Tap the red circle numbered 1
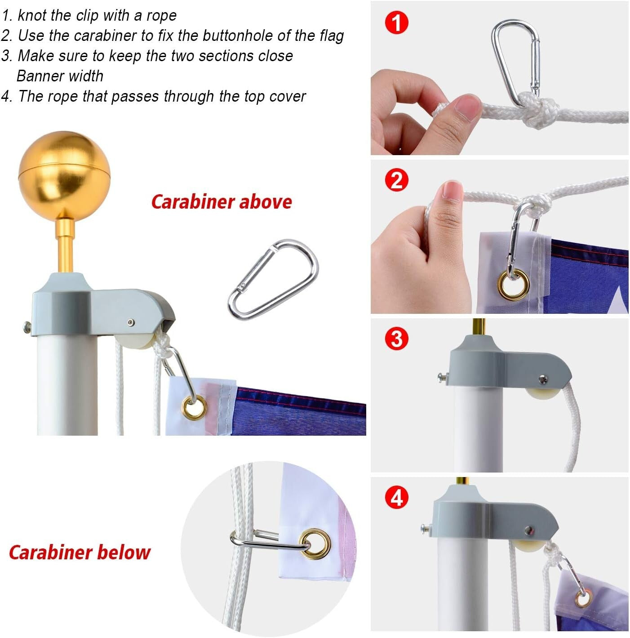(x=397, y=22)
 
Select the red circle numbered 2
(x=397, y=180)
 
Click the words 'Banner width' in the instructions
(x=60, y=76)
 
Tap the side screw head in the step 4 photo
(x=426, y=528)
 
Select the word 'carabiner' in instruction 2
(x=106, y=36)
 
